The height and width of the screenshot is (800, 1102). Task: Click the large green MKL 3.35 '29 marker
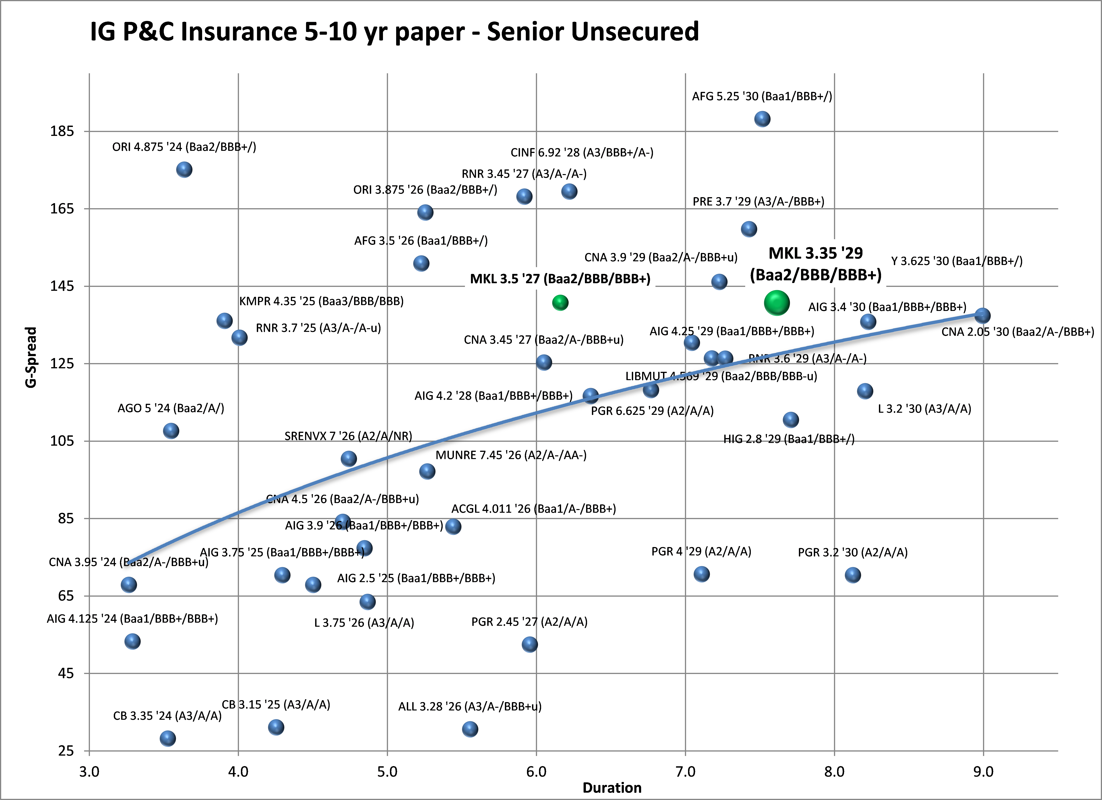click(776, 303)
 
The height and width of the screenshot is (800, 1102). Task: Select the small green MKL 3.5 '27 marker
click(560, 303)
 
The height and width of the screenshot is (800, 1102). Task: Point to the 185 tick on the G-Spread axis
click(62, 131)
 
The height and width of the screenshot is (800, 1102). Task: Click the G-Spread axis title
click(31, 357)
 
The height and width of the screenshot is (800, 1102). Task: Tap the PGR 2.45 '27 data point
click(530, 645)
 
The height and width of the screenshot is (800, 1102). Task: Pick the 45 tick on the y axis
click(66, 673)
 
